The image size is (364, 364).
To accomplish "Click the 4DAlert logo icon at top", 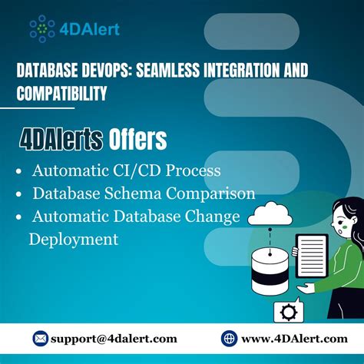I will (42, 28).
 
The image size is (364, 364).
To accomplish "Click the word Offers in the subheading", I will (137, 139).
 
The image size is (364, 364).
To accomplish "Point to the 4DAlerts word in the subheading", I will (61, 139).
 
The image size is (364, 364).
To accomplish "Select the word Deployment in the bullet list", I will (74, 239).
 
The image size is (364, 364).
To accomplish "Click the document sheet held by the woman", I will (312, 257).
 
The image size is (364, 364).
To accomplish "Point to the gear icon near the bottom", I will (290, 313).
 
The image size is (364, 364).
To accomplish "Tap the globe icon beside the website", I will (229, 339).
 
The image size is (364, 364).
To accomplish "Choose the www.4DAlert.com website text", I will (293, 339).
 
